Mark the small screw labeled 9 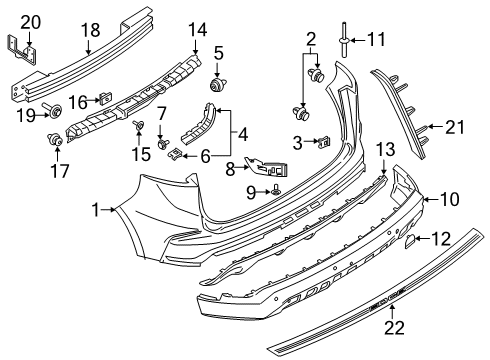277,189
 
